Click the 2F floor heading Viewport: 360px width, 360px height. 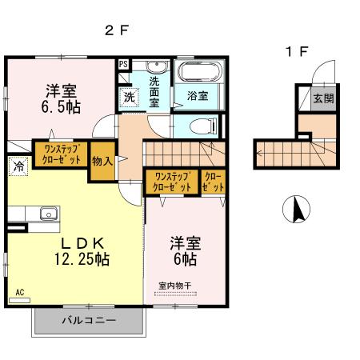pos(116,31)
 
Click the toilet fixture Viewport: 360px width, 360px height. pos(203,126)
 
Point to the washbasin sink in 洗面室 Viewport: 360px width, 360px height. pos(156,66)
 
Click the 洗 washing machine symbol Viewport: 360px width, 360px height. pos(128,97)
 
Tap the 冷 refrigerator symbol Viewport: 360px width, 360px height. pos(17,166)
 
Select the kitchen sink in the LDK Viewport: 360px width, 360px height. pos(46,214)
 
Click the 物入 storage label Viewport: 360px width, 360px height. pos(102,160)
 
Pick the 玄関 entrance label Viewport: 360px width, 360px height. pos(322,98)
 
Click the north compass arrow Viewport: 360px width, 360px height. pos(296,211)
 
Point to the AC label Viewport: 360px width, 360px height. pos(18,293)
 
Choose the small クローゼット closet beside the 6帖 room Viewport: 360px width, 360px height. pos(213,181)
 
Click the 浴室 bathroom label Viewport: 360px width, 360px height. pos(198,95)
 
